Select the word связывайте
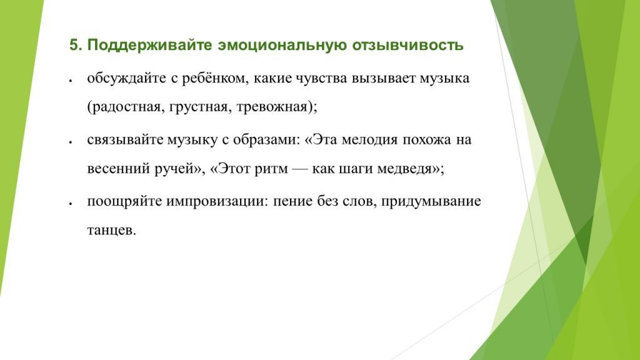[x=124, y=139]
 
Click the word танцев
[x=111, y=230]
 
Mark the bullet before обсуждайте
[x=72, y=81]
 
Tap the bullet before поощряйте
[x=72, y=203]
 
